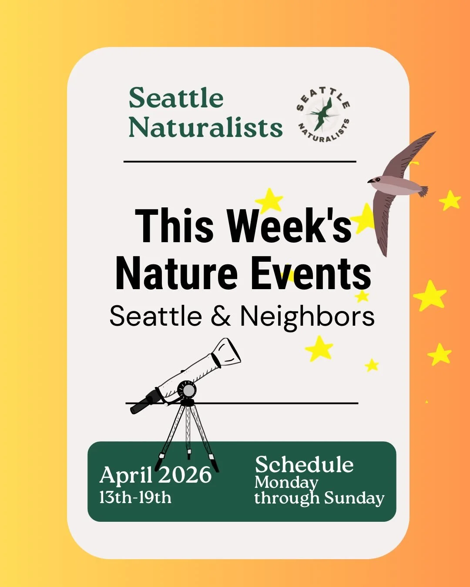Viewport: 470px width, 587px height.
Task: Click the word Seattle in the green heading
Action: coord(176,98)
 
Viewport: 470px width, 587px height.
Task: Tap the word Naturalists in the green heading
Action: coord(205,127)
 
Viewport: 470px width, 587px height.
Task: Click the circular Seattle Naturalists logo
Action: coord(323,114)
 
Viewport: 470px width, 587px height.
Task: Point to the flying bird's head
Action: coord(375,180)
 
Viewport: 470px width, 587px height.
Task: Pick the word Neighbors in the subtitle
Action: coord(307,316)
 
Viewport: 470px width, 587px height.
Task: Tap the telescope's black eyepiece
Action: coord(140,406)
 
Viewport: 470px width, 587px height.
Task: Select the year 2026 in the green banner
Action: coord(185,474)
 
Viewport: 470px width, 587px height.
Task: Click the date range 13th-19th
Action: coord(135,497)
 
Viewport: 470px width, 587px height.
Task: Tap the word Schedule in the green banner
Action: coord(304,464)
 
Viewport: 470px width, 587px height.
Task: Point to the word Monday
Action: coord(286,482)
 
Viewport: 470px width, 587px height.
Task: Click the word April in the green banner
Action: coord(126,475)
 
